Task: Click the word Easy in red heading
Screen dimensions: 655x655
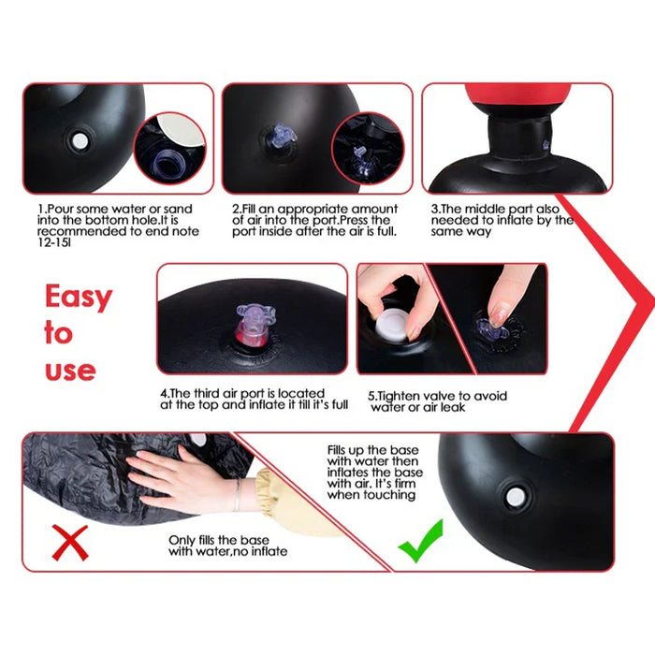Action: point(79,298)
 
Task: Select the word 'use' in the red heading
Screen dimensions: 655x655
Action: point(70,370)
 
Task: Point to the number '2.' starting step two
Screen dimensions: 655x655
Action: point(237,209)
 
